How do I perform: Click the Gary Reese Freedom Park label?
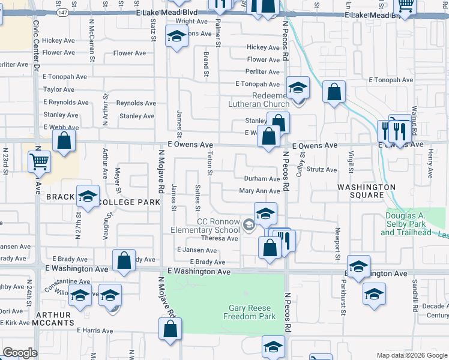click(x=252, y=312)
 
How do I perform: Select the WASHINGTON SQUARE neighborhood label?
click(x=366, y=191)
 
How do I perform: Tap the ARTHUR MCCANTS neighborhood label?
click(x=53, y=319)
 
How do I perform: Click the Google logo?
click(x=20, y=353)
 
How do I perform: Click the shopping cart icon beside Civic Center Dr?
click(x=39, y=161)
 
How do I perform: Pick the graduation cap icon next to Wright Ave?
click(x=176, y=37)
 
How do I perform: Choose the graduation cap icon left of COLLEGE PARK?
click(x=88, y=196)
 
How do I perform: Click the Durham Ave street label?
click(x=262, y=179)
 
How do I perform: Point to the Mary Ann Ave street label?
click(x=259, y=191)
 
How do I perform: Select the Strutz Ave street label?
click(x=322, y=170)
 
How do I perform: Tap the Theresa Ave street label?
click(x=220, y=238)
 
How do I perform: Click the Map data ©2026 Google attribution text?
click(x=412, y=355)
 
